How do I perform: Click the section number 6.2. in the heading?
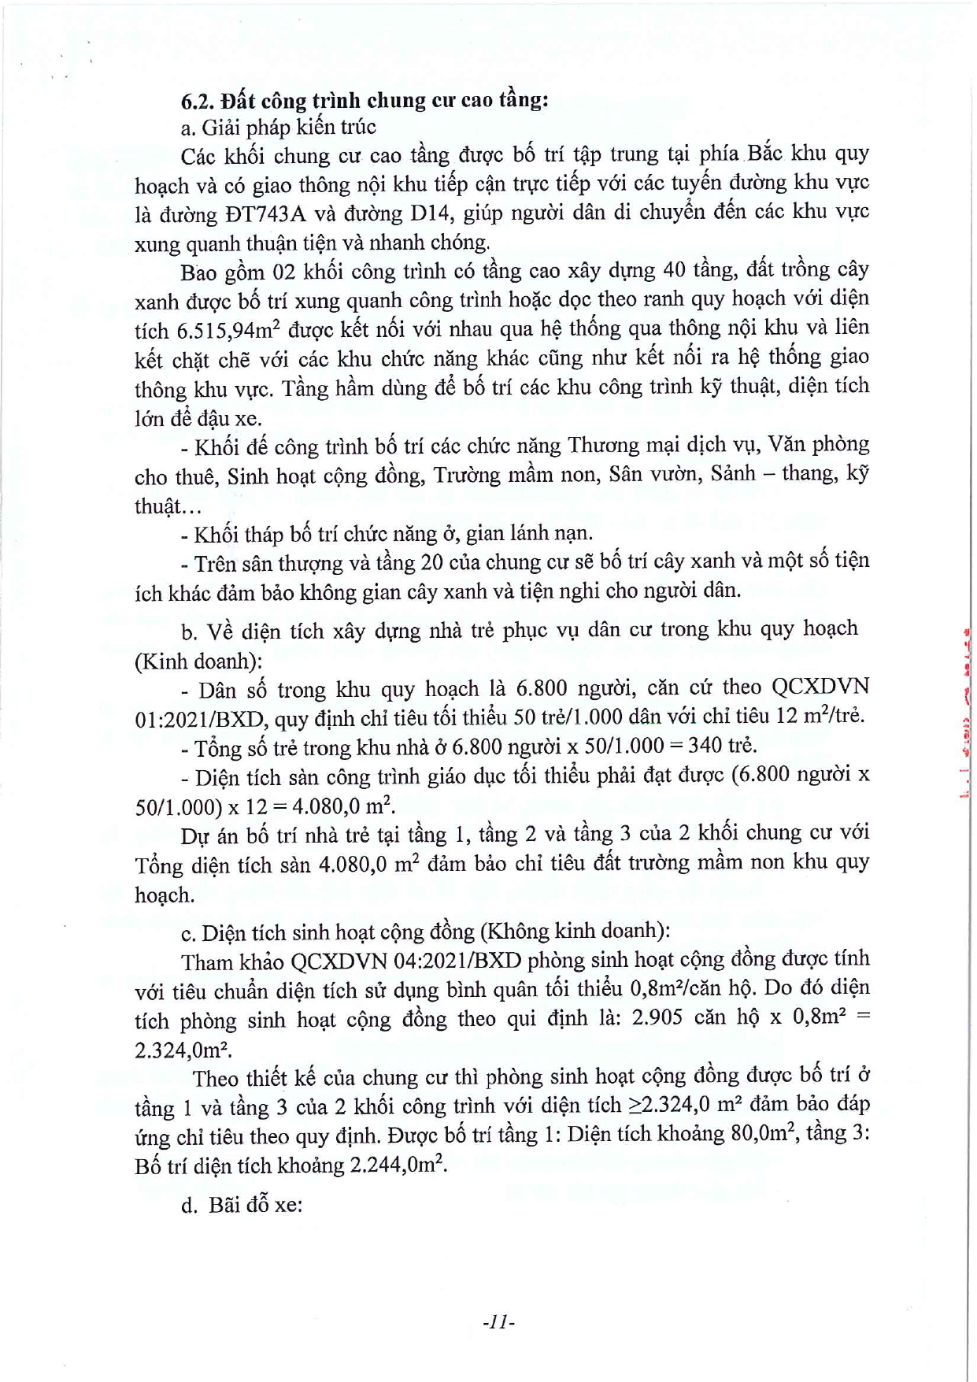198,101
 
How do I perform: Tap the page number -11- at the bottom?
498,1322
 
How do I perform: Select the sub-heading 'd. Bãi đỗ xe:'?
242,1205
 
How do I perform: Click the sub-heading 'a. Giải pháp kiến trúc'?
279,128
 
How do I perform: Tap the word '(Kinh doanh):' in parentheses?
199,660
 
